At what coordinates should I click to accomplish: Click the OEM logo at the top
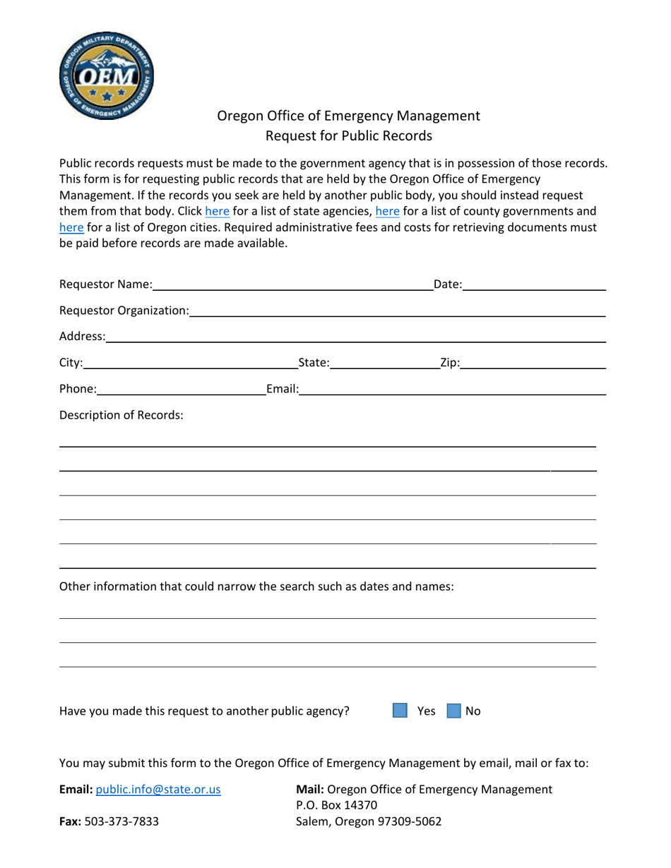(106, 76)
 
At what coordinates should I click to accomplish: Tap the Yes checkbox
(400, 711)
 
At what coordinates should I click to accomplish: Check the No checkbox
(454, 711)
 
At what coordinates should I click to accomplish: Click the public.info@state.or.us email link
(158, 790)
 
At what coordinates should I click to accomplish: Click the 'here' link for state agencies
(217, 211)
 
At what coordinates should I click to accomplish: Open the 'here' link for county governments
(387, 211)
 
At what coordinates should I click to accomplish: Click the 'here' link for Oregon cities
(71, 227)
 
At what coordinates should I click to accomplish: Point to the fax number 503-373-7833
(121, 821)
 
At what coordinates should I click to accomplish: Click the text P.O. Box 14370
(337, 805)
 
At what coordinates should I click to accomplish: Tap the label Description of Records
(121, 415)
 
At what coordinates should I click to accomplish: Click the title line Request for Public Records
(348, 135)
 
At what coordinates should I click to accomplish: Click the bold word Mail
(310, 790)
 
